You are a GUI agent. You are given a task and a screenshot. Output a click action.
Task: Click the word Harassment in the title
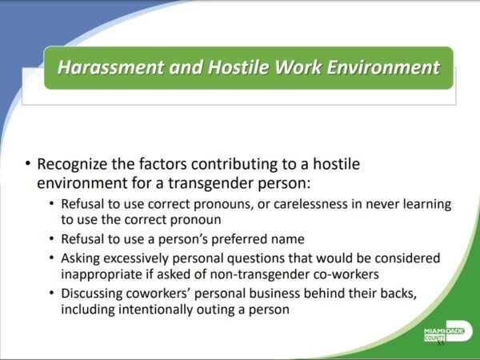[110, 67]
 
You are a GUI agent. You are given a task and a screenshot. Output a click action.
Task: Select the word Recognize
[72, 164]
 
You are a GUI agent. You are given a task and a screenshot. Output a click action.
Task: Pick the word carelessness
[310, 204]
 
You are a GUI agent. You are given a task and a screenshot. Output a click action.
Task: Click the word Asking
[80, 258]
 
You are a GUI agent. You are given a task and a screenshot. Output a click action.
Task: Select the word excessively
[136, 258]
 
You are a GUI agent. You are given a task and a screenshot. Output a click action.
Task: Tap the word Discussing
[91, 294]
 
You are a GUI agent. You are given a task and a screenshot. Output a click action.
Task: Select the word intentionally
[155, 310]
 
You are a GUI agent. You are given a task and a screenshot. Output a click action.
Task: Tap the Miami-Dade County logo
[448, 331]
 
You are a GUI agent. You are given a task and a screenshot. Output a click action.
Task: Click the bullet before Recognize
[28, 163]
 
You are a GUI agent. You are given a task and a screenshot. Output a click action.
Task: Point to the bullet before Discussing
[51, 294]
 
